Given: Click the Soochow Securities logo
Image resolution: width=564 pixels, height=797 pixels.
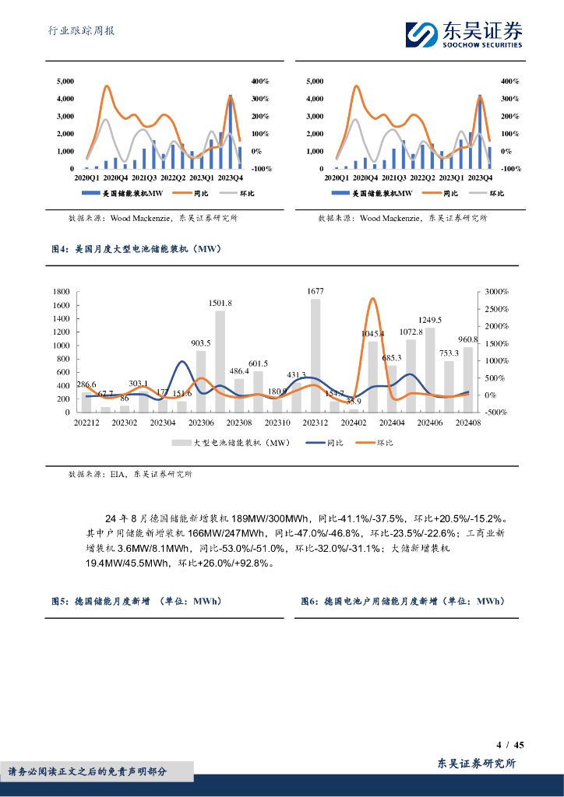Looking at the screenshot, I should pos(464,33).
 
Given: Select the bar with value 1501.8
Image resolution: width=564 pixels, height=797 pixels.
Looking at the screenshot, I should pos(220,361).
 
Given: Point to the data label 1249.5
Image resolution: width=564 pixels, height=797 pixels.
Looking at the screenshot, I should pos(430,320).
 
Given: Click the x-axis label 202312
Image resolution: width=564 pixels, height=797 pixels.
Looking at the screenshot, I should pos(315,423).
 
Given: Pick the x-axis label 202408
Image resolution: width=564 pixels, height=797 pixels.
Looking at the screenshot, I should pos(468,423).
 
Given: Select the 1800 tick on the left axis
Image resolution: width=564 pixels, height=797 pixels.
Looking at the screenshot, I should pos(61,292).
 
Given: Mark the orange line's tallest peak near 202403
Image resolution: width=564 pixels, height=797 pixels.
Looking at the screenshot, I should pos(372,299).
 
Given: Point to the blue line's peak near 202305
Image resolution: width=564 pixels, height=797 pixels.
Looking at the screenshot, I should pos(182,361).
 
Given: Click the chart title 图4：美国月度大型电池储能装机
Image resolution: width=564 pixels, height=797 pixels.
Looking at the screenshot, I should pos(136,249).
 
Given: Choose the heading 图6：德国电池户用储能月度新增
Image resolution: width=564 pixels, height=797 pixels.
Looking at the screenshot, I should pos(403,602).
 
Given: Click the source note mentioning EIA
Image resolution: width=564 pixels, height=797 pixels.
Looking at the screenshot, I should pos(130,473).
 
